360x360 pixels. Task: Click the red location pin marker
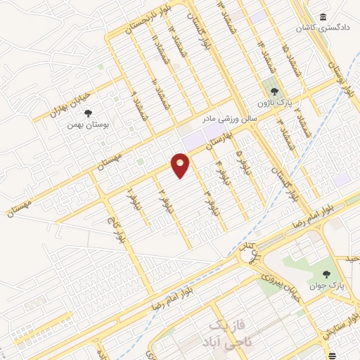(x=181, y=165)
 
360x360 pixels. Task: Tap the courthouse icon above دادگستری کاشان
(x=323, y=17)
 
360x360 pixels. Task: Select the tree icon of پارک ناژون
(x=275, y=91)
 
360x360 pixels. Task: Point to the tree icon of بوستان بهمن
(x=87, y=112)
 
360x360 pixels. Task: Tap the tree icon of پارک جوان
(x=326, y=274)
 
